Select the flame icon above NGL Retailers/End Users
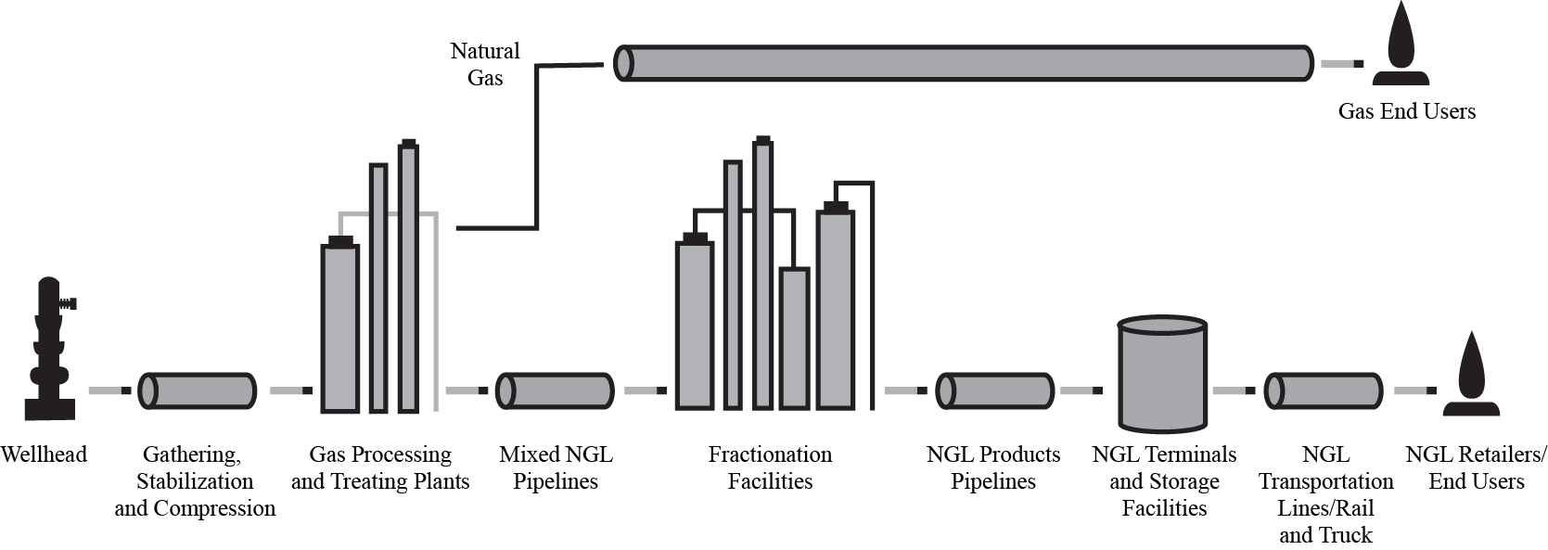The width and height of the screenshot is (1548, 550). [1470, 375]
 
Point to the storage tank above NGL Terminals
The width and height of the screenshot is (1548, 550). [1162, 376]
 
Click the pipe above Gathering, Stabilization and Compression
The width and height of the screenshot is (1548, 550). [197, 390]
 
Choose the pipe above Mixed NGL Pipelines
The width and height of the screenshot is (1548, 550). [555, 390]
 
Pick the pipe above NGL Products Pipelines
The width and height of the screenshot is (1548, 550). [994, 390]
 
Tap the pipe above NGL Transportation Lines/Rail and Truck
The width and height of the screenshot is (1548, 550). [1324, 390]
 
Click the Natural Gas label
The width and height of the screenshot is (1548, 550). [485, 64]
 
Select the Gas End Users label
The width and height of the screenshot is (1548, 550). [1406, 111]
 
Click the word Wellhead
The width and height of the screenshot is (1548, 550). [44, 454]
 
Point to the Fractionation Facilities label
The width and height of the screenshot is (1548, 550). [770, 467]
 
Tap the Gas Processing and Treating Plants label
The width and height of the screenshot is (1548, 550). [380, 467]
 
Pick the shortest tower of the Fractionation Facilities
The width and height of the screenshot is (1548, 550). [794, 339]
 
